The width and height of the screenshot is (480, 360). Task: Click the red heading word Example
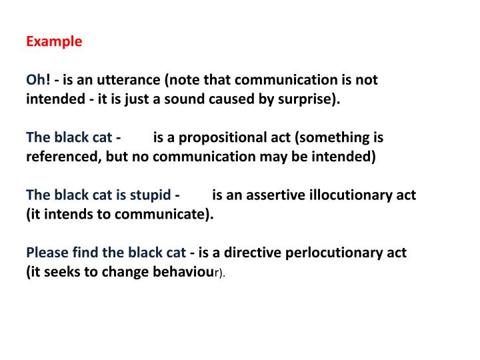point(54,41)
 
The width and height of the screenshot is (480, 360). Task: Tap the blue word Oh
point(35,80)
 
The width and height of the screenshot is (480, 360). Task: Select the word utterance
point(130,80)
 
